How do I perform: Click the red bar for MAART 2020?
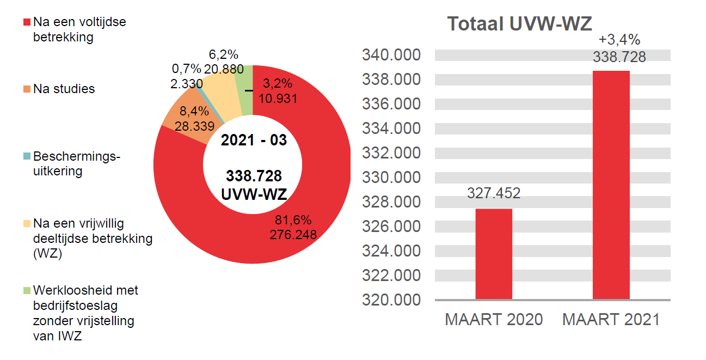494,254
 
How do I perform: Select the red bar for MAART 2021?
611,185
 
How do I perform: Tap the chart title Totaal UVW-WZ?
519,24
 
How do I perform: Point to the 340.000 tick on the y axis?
392,56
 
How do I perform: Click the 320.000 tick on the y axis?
392,300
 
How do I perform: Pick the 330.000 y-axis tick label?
392,178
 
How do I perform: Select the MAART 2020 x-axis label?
494,320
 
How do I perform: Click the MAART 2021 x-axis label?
611,320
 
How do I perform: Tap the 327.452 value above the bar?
494,193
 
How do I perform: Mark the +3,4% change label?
619,40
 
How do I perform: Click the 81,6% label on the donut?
293,221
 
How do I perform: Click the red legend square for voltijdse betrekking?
27,23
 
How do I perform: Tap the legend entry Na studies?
64,89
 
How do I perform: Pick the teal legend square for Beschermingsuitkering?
27,157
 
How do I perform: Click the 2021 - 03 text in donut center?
254,140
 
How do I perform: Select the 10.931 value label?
278,98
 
